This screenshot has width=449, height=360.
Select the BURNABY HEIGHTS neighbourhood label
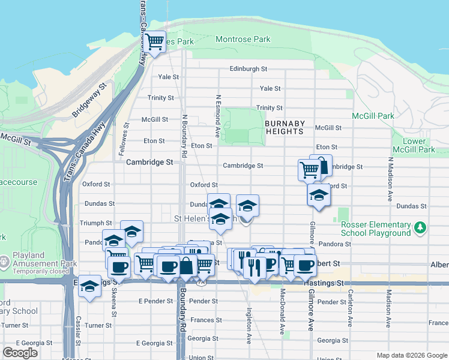tap(285, 127)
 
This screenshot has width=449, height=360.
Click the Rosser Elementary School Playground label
tap(375, 229)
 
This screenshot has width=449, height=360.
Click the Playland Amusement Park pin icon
tap(5, 261)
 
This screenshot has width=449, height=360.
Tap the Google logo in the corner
tap(20, 353)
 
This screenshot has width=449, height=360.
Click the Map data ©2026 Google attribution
tap(412, 355)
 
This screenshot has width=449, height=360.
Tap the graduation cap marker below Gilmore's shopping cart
tap(319, 195)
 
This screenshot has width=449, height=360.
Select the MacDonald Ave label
tap(282, 312)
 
